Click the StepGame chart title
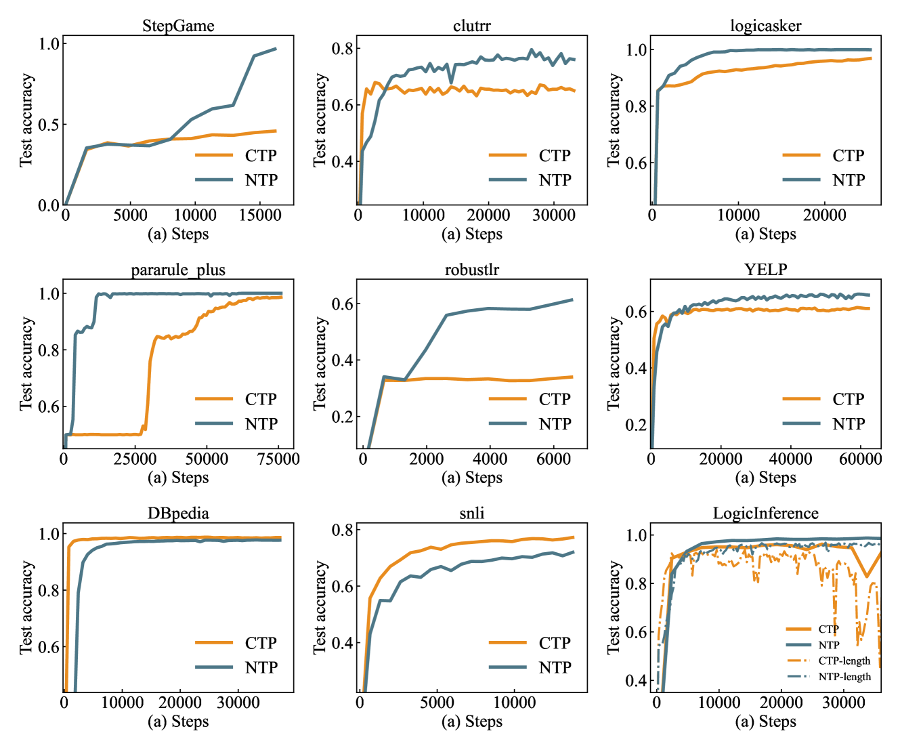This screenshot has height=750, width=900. tap(178, 26)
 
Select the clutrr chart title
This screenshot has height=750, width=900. tap(471, 26)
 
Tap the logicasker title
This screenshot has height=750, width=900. tap(765, 26)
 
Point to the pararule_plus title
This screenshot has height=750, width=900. tap(178, 270)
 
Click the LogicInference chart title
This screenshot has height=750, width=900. tap(765, 514)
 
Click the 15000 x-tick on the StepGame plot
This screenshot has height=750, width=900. tap(261, 215)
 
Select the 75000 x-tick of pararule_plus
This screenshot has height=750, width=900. tap(278, 459)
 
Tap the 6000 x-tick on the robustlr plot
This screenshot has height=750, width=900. tap(553, 459)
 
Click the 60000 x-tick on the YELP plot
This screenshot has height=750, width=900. tap(860, 459)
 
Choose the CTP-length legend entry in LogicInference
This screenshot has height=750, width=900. tap(844, 661)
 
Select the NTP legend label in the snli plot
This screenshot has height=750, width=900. tap(555, 667)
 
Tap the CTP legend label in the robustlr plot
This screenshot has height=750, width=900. tap(555, 399)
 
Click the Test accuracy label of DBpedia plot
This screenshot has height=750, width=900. tap(26, 607)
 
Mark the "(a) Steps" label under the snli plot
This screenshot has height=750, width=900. tap(471, 722)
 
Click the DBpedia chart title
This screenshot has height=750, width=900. tap(178, 514)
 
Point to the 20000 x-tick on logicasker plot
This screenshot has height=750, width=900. tap(824, 215)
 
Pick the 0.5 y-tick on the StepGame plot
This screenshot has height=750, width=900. tap(49, 125)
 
